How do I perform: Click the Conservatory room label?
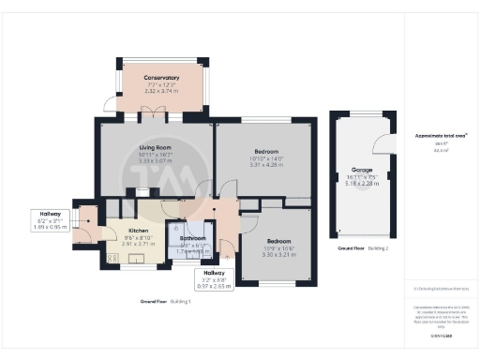pos(160,77)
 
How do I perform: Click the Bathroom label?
pos(192,238)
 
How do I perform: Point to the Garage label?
pos(362,170)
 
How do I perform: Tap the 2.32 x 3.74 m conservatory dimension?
pos(160,92)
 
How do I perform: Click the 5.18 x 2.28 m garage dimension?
pos(362,185)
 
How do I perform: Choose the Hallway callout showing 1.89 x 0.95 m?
pos(44,226)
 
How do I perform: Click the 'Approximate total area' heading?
pos(442,135)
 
